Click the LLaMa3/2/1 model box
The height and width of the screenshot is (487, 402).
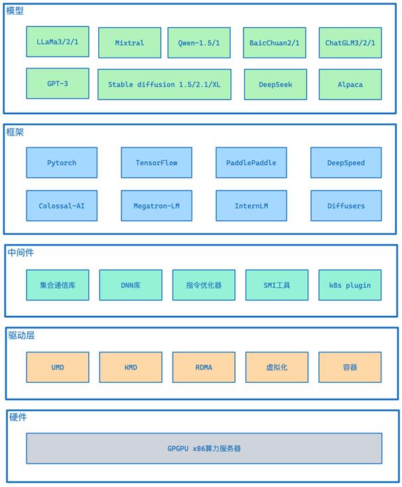click(x=58, y=42)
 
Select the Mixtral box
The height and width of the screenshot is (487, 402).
click(x=130, y=42)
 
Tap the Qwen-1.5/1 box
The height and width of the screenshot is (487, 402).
click(x=199, y=42)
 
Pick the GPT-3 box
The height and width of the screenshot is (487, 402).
click(x=58, y=84)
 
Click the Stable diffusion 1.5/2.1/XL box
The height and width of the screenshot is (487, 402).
click(x=165, y=84)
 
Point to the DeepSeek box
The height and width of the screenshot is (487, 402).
click(x=275, y=84)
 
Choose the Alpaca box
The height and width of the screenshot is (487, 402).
click(x=350, y=84)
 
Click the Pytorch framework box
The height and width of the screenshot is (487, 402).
click(x=62, y=163)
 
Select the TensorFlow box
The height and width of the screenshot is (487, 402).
click(x=157, y=163)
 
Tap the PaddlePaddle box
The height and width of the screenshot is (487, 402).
click(x=251, y=163)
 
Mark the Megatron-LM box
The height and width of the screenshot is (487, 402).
click(x=157, y=206)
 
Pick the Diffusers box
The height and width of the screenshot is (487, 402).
click(x=346, y=206)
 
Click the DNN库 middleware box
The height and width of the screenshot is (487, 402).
click(x=131, y=285)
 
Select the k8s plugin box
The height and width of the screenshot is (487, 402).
click(x=350, y=285)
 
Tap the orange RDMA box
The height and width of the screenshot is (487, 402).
click(x=204, y=368)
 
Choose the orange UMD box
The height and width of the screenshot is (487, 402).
click(x=58, y=368)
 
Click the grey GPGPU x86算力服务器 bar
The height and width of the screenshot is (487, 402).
click(x=204, y=449)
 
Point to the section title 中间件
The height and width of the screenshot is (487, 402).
click(x=21, y=253)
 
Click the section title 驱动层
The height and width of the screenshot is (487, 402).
click(x=21, y=336)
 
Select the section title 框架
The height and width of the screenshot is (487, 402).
click(x=15, y=132)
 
